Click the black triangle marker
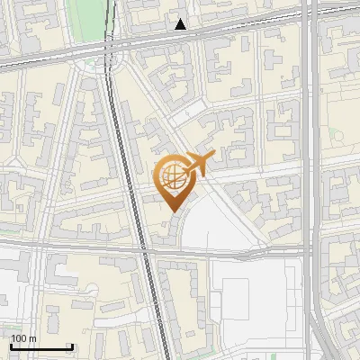tap(181, 24)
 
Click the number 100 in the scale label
tap(19, 338)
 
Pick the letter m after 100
tap(33, 338)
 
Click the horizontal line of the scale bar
tap(41, 346)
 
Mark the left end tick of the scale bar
tap(11, 346)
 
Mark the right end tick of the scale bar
tap(72, 346)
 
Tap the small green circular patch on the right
tap(339, 135)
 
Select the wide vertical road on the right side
tap(311, 180)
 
